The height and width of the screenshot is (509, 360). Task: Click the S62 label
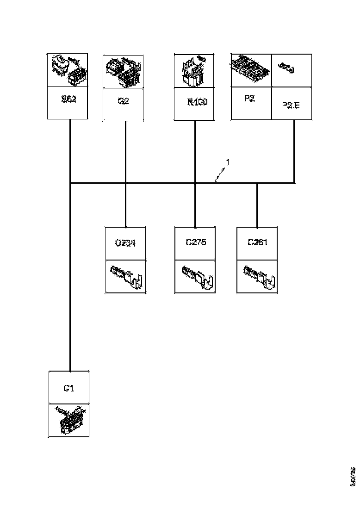(x=68, y=99)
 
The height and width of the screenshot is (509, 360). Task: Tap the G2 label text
(x=123, y=101)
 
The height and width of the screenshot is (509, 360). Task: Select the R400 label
(x=197, y=102)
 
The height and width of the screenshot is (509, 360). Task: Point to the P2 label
(x=249, y=99)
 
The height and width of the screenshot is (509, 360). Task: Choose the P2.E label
(x=291, y=105)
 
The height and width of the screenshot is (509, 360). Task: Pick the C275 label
(x=195, y=242)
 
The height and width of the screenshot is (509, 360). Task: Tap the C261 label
(x=257, y=242)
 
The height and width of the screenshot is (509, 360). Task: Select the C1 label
(x=68, y=388)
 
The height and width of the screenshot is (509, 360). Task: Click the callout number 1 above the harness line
(x=228, y=162)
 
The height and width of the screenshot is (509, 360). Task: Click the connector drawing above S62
(x=68, y=70)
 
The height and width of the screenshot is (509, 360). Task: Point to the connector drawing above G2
(x=123, y=71)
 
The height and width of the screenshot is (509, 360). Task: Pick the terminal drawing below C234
(x=126, y=276)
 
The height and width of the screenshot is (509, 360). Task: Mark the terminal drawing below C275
(x=195, y=276)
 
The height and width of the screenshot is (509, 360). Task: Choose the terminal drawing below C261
(x=257, y=276)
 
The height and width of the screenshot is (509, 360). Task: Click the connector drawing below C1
(x=69, y=420)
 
